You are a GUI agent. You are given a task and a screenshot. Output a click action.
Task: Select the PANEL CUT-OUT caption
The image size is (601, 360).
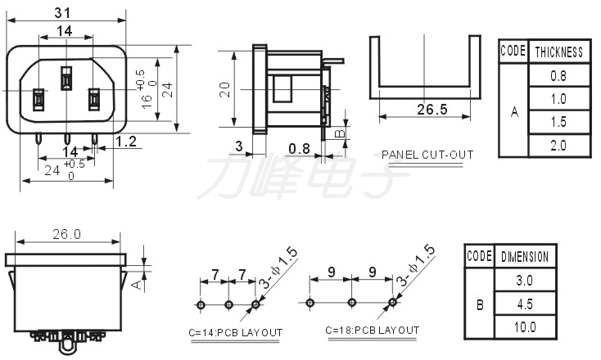click(427, 154)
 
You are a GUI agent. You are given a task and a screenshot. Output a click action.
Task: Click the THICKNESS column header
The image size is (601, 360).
click(558, 52)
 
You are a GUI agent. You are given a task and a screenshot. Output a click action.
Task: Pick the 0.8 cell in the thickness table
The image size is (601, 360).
click(558, 76)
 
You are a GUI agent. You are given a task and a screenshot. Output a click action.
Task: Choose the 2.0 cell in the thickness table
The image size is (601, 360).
click(558, 145)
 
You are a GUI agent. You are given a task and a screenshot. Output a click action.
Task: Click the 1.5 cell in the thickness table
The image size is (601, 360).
click(558, 122)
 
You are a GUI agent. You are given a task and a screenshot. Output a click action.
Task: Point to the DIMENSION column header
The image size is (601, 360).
click(525, 257)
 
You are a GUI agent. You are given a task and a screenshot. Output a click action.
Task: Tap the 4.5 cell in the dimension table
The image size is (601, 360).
click(525, 304)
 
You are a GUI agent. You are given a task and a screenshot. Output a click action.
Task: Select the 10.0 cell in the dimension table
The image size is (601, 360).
click(525, 327)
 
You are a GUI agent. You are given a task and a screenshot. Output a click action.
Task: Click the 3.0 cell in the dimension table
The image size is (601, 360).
click(525, 281)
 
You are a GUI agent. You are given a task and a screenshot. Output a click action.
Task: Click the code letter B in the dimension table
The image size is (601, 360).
click(479, 304)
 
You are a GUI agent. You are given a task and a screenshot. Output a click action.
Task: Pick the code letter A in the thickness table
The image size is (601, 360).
click(514, 112)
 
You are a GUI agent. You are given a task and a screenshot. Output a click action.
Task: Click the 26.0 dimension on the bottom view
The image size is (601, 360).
click(66, 234)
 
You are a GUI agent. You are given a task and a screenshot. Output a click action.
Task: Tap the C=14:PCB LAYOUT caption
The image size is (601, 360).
click(235, 332)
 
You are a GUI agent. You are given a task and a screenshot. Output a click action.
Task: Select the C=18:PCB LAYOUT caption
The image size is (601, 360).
click(372, 331)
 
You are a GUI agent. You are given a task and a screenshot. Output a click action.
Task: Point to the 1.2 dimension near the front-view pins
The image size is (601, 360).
click(126, 142)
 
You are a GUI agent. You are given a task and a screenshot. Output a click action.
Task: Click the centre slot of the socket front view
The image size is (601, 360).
click(66, 81)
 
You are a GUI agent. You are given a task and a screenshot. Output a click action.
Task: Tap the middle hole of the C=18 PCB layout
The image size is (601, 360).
click(351, 302)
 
